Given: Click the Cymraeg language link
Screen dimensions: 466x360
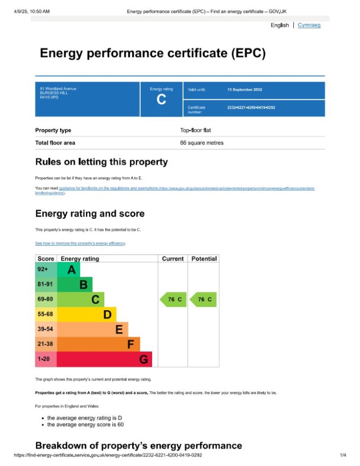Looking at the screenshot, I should (x=309, y=25).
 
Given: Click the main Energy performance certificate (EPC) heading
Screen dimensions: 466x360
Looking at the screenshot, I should (x=153, y=54).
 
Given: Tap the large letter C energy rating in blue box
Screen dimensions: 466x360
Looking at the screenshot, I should (x=161, y=99).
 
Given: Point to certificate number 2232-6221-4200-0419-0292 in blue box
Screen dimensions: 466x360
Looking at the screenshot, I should (x=251, y=108).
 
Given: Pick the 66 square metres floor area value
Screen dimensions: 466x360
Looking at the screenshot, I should (x=201, y=143).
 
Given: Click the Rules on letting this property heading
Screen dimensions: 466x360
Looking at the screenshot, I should (x=102, y=162).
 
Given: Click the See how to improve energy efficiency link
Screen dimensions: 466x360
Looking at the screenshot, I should (x=80, y=243).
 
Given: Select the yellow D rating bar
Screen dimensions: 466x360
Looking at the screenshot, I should (x=87, y=314).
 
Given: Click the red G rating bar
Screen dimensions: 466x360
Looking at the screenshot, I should (x=104, y=359).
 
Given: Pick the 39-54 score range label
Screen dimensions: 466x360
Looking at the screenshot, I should (x=45, y=329).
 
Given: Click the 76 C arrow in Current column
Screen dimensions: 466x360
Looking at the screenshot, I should (x=172, y=299).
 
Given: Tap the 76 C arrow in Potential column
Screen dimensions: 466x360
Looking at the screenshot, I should (x=203, y=299).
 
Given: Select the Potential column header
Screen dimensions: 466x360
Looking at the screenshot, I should (x=204, y=259).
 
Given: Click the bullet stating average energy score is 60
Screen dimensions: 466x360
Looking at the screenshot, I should (x=85, y=425).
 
